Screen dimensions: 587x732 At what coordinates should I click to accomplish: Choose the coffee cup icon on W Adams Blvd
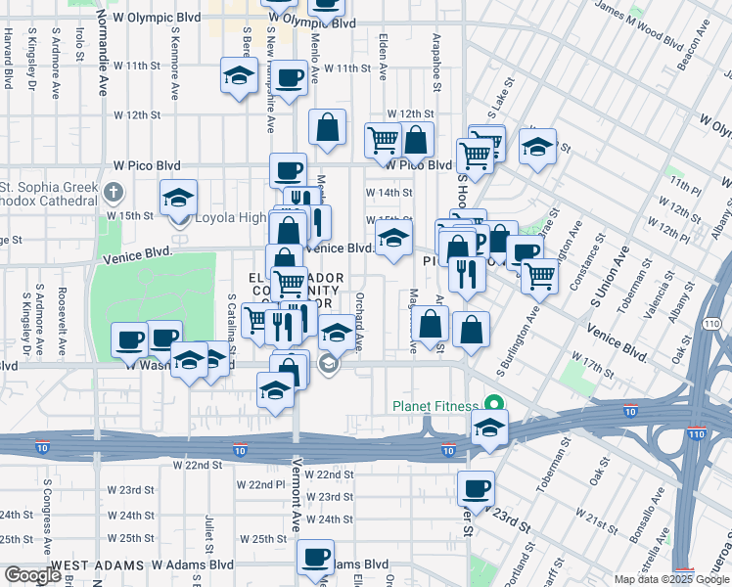pos(315,558)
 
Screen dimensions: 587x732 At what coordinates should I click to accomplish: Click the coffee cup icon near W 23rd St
pos(476,487)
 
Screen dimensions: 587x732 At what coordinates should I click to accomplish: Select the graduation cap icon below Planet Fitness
pos(489,427)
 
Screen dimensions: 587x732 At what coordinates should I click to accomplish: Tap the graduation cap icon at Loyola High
pos(178,198)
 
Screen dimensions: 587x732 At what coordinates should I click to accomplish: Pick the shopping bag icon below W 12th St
pos(327,127)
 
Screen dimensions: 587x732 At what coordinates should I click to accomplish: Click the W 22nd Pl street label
pos(258,484)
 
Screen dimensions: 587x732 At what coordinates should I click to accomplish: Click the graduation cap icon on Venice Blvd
pos(393,239)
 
